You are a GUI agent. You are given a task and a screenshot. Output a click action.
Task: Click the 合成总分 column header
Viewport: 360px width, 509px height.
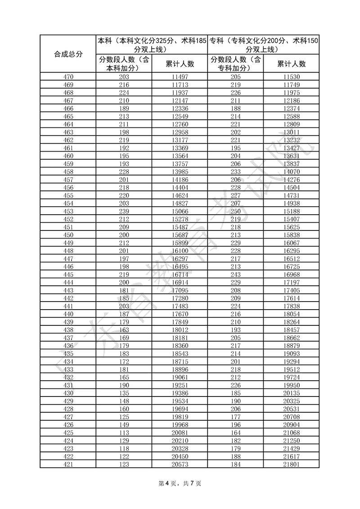click(x=68, y=54)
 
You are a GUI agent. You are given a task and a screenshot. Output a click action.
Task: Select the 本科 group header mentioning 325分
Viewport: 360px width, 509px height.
click(x=152, y=45)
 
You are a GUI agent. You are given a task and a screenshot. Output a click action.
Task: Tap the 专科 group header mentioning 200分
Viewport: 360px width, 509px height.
click(x=264, y=45)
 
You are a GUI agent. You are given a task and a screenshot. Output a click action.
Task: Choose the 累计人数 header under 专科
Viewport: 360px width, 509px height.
click(x=292, y=64)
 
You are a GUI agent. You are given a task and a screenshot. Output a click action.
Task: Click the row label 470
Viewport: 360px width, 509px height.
click(x=68, y=77)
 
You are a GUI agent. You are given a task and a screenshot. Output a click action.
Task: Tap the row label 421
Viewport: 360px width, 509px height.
click(x=68, y=464)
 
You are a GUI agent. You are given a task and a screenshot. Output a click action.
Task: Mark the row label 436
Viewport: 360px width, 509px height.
click(x=68, y=345)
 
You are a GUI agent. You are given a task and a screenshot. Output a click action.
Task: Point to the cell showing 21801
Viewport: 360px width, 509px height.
click(x=292, y=464)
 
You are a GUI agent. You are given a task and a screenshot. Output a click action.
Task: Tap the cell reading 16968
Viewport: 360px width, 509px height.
click(x=292, y=274)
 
